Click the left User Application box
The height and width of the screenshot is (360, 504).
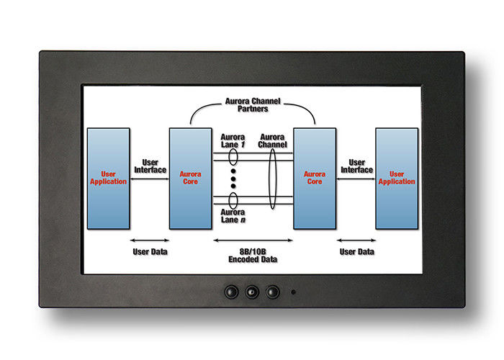pos(108,178)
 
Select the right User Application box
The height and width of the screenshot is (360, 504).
pos(397,178)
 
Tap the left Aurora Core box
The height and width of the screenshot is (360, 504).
pos(190,178)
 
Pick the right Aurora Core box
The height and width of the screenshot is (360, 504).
pos(315,178)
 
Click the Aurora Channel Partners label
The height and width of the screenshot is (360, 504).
pos(253,104)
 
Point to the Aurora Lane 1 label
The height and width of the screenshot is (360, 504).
pos(233,141)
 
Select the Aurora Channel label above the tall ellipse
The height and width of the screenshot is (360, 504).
pos(273,141)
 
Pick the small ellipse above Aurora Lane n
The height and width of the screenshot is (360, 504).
pos(233,199)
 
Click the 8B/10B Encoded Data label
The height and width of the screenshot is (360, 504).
pos(253,255)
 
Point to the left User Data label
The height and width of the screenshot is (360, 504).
pos(150,252)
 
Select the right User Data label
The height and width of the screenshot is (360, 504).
pos(356,252)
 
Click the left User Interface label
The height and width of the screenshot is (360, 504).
pos(150,166)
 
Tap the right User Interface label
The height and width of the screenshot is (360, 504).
pos(356,166)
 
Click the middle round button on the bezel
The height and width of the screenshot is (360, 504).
pos(252,292)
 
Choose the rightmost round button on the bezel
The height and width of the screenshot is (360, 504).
pos(272,292)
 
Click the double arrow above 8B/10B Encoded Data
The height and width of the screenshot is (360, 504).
pos(253,240)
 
